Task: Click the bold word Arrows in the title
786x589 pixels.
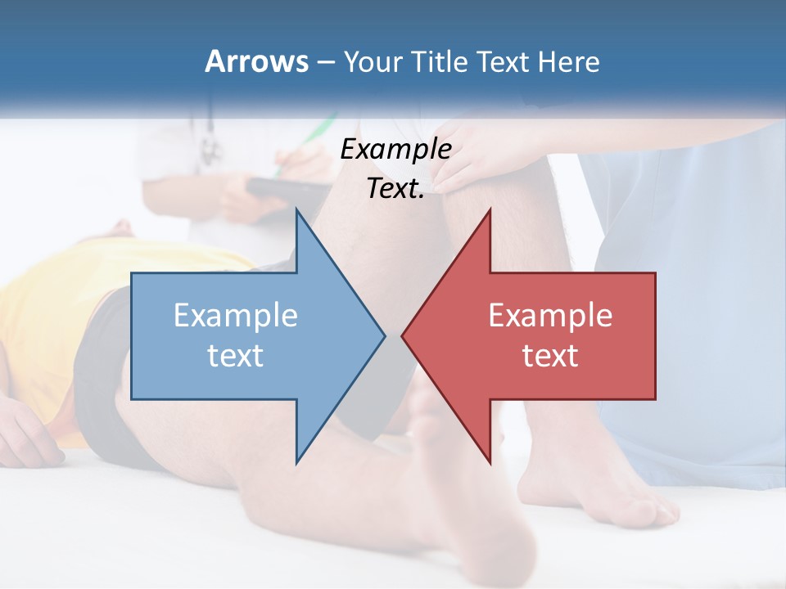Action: (x=256, y=61)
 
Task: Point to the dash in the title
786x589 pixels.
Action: (x=325, y=62)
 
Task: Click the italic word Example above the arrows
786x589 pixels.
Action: (x=395, y=149)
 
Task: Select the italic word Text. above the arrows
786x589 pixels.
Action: (x=395, y=188)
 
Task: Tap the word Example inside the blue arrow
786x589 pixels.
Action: (x=236, y=316)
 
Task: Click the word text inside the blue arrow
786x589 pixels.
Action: (x=236, y=355)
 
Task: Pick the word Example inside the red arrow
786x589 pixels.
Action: (x=550, y=316)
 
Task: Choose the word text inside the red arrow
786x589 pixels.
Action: (x=550, y=355)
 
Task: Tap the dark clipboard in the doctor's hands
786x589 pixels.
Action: (x=278, y=190)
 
